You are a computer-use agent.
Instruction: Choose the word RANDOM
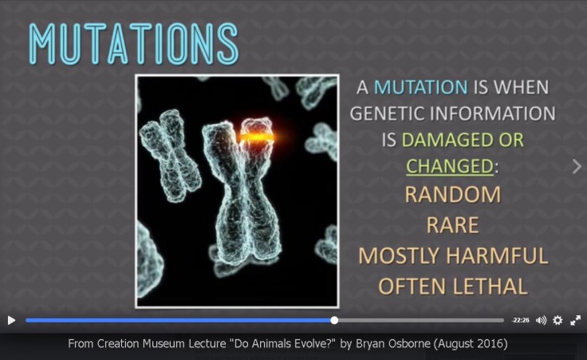[452, 195]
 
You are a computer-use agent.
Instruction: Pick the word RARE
[452, 225]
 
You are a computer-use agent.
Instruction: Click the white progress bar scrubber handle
[334, 320]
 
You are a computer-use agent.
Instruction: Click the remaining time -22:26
[521, 320]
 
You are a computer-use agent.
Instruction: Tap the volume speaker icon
[541, 320]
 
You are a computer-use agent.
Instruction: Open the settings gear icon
[557, 320]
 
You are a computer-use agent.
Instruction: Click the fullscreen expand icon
[575, 320]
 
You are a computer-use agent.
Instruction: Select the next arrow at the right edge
[577, 166]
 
